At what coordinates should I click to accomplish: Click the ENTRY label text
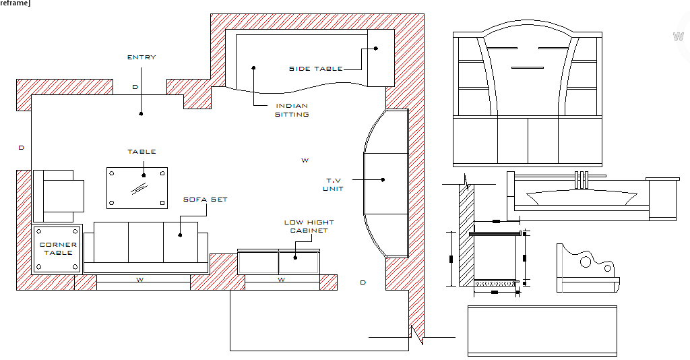142,57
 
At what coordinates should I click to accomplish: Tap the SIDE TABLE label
315,69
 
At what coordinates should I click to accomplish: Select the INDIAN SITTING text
292,110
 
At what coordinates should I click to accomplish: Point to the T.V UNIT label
333,185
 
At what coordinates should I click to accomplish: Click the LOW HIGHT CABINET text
309,227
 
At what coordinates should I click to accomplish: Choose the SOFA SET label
205,200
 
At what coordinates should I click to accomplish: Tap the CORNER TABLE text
58,249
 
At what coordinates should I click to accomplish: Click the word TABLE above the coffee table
142,152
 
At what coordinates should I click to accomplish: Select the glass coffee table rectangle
137,188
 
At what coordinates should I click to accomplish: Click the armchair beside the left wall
59,196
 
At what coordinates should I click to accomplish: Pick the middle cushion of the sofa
146,242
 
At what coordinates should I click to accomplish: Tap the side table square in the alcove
381,58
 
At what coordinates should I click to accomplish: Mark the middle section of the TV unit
386,183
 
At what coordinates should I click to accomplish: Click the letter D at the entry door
135,87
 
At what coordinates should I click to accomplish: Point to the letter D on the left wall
21,148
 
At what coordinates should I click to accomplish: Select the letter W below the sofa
140,280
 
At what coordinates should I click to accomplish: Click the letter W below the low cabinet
282,280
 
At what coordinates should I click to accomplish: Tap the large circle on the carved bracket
586,262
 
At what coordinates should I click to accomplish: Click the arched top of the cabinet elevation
527,21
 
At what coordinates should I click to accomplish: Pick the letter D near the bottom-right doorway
363,282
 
